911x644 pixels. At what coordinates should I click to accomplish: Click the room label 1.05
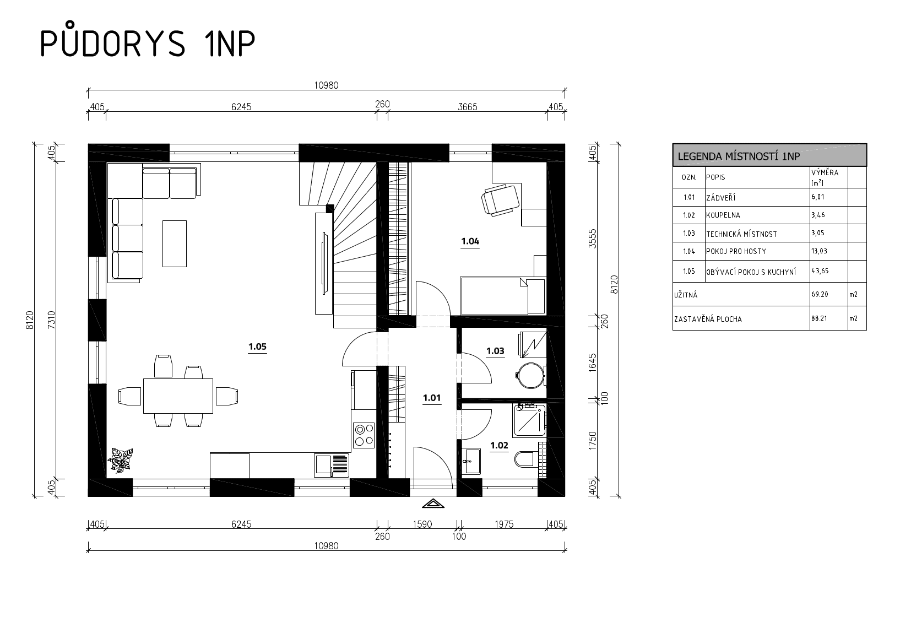tap(257, 347)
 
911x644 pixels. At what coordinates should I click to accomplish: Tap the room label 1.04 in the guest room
tap(470, 241)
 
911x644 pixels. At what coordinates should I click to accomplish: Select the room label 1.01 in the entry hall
tap(432, 398)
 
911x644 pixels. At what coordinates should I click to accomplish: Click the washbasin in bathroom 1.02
tap(472, 461)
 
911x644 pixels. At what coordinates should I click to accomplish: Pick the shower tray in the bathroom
tap(529, 421)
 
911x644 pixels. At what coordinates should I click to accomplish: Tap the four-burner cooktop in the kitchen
tap(364, 435)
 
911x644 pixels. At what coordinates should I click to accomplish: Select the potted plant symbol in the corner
tap(121, 460)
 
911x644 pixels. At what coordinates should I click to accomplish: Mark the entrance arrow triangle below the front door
tap(433, 504)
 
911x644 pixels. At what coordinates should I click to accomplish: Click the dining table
tap(178, 396)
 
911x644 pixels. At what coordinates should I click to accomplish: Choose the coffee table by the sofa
tap(175, 243)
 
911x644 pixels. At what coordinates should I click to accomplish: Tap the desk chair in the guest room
tap(500, 199)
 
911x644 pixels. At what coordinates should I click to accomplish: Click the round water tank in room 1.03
tap(531, 375)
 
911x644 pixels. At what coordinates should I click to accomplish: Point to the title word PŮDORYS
tap(113, 40)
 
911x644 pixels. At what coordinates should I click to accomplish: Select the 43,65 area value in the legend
tap(820, 271)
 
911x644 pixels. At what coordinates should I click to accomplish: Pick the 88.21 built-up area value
tap(820, 318)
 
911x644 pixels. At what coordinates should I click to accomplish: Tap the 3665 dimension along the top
tap(467, 107)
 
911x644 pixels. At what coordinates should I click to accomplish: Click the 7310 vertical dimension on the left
tap(52, 320)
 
